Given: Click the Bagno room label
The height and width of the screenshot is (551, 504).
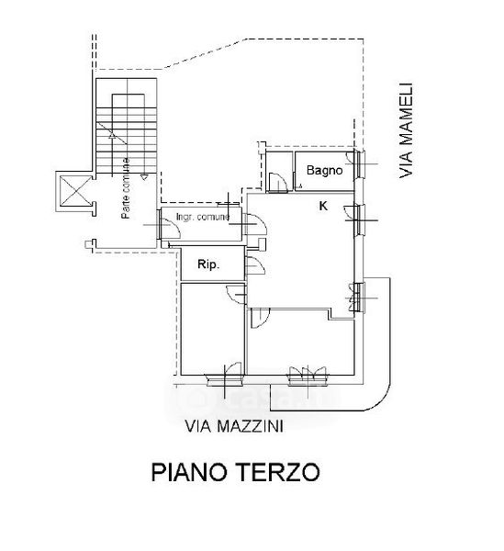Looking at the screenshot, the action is pos(324,171).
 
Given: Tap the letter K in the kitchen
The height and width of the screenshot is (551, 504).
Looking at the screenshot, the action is pos(323,206).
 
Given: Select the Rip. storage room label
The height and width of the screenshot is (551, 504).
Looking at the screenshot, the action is pos(208,264).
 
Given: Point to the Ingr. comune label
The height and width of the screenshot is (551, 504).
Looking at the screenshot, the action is pos(203,217).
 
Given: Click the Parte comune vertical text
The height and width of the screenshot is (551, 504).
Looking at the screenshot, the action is pos(126,188).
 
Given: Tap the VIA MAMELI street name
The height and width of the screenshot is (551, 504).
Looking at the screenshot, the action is pos(406,130).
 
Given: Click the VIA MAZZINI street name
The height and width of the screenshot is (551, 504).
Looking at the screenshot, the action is pos(234,426).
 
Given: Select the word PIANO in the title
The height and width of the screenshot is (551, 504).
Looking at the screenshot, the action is pos(189,472).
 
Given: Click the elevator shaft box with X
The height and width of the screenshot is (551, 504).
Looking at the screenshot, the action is pos(75,191).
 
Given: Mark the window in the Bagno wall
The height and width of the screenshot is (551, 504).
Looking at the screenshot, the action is pos(359,163).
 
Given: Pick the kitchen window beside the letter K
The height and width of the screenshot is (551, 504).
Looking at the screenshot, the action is pos(359,220).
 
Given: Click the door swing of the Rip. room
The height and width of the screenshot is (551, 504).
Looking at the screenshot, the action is pos(255,265).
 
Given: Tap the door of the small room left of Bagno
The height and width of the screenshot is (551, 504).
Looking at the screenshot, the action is pos(278,182).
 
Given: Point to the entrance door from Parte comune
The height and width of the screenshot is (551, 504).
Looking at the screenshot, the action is pos(169,227).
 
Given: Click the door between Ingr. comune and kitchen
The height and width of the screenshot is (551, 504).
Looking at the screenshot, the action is pos(255,224).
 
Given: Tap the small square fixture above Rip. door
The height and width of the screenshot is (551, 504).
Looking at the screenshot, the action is pos(262,244).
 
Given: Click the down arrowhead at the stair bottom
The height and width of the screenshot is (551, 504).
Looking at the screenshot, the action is pos(144,177).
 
